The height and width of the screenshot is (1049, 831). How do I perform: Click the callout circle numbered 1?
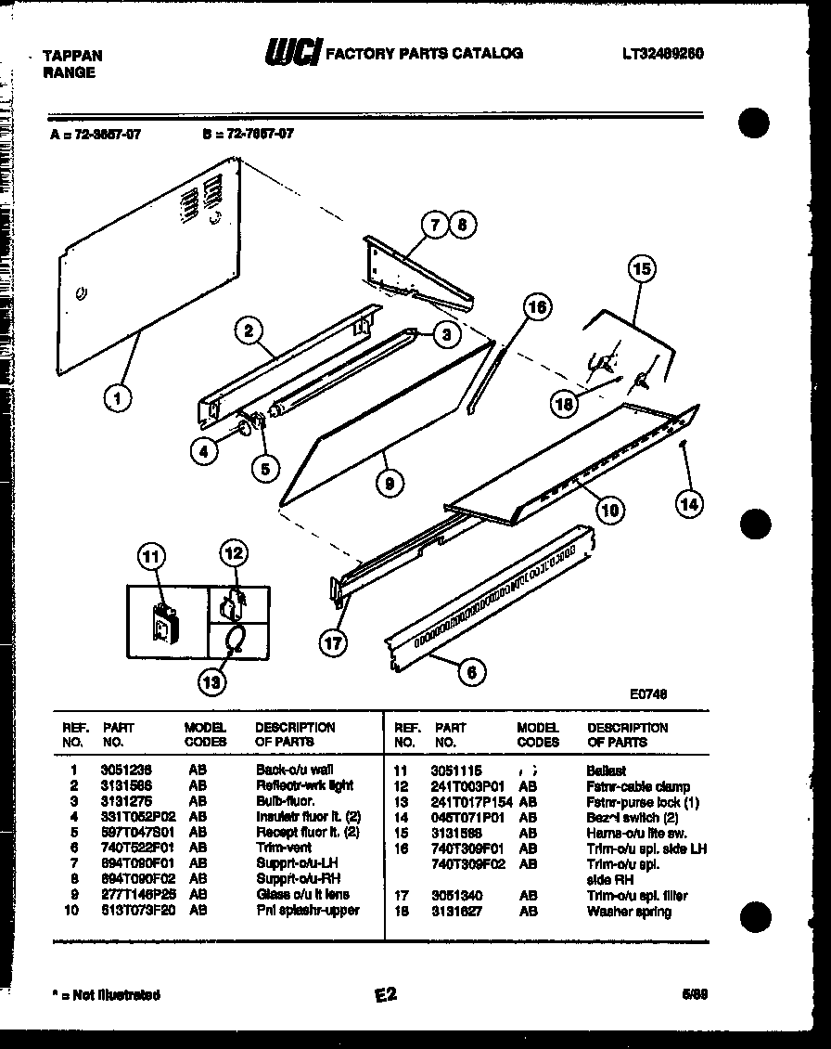point(117,400)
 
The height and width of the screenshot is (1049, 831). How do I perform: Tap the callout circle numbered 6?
point(472,671)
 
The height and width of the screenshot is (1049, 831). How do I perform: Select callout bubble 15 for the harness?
point(641,270)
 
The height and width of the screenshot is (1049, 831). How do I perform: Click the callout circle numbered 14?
point(689,504)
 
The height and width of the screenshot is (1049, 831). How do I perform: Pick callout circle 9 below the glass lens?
point(390,482)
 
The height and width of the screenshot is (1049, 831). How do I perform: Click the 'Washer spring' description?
point(629,912)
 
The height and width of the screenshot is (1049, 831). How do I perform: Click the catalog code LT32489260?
point(662,54)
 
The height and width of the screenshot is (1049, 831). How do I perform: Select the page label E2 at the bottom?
point(386,994)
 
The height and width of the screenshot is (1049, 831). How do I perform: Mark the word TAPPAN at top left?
point(73,56)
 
